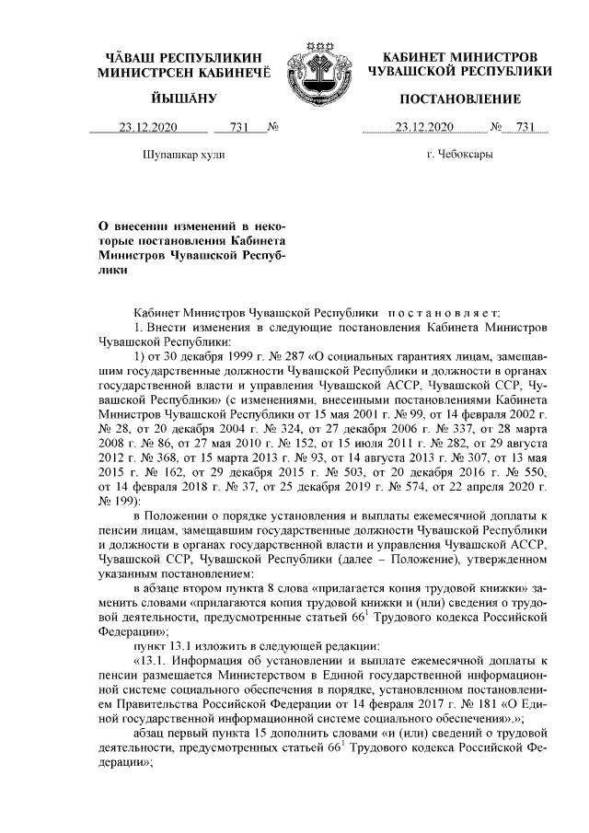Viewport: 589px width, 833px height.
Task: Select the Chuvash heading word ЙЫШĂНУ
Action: coord(182,98)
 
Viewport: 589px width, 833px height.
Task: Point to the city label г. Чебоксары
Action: coord(459,156)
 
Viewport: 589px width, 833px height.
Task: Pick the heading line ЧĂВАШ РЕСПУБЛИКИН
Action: coord(182,56)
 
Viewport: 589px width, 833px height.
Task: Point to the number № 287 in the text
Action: coord(271,354)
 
